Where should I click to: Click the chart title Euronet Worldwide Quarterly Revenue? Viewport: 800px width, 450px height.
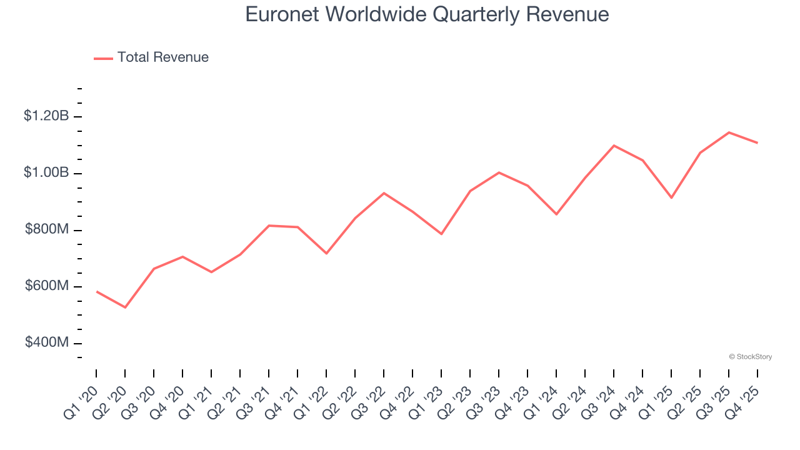[x=427, y=14]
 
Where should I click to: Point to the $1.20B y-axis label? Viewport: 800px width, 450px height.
[x=46, y=116]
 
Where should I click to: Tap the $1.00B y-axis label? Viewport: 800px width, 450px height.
[x=46, y=172]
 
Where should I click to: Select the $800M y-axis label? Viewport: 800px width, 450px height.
[x=47, y=229]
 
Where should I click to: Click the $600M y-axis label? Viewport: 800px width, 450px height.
[x=47, y=286]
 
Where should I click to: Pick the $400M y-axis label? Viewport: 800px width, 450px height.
[x=47, y=342]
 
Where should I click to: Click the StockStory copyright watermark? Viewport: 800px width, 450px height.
[x=750, y=357]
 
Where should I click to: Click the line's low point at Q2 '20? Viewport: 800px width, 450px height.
[x=125, y=307]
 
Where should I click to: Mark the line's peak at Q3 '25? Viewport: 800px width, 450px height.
[x=729, y=132]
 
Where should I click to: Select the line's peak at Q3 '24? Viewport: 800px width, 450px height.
[x=614, y=146]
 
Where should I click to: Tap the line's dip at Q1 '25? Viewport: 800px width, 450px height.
[x=671, y=198]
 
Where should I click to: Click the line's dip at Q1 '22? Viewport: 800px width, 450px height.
[x=326, y=253]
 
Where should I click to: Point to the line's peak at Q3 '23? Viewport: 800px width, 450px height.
[x=499, y=172]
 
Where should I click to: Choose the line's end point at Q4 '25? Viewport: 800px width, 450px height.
[x=757, y=143]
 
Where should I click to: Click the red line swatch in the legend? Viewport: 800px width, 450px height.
[x=103, y=58]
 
